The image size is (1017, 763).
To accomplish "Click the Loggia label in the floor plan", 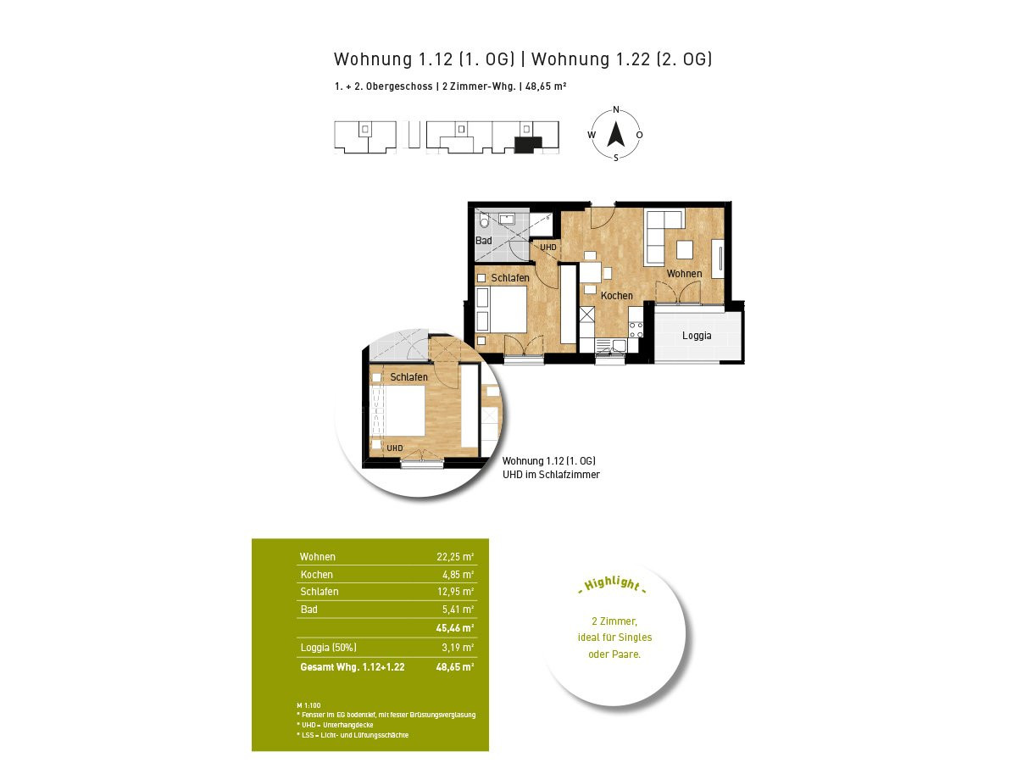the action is [x=696, y=336].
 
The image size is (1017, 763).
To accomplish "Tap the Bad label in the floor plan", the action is [x=483, y=241].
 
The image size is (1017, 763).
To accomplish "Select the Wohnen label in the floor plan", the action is [x=684, y=273].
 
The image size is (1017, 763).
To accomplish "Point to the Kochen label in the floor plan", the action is [x=616, y=295].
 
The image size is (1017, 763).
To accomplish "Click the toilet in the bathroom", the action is [x=484, y=220].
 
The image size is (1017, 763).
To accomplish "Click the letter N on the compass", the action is [x=616, y=110].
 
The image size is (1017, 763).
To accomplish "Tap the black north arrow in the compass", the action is [x=616, y=134].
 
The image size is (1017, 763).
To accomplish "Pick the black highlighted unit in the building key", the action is [x=528, y=144].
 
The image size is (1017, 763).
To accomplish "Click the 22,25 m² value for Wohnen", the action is [x=454, y=556].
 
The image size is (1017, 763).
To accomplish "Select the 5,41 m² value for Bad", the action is [x=458, y=610].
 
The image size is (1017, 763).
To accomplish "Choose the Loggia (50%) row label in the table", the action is [x=328, y=647].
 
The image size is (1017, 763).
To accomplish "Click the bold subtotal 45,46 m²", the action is [x=454, y=627].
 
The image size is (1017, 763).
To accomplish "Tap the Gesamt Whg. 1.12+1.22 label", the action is [x=352, y=667].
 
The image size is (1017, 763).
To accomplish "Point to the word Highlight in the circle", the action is [x=612, y=583].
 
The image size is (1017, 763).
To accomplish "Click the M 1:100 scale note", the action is [x=308, y=705].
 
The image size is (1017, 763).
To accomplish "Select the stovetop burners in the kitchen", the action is [x=636, y=330].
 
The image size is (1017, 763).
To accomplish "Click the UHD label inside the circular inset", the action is [x=395, y=448].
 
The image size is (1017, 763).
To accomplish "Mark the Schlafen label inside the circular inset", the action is [x=408, y=377].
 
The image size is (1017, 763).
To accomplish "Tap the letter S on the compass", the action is [x=616, y=158].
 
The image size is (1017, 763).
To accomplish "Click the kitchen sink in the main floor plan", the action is [x=618, y=345].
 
